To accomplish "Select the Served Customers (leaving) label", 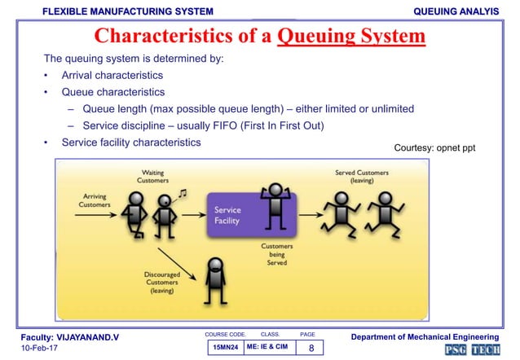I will (x=361, y=177).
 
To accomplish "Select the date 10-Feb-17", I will (x=37, y=348).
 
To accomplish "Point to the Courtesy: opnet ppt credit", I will (x=434, y=148).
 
